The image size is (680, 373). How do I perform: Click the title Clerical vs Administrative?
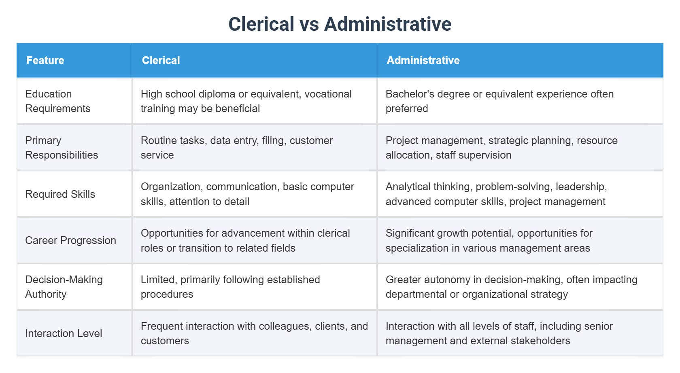click(x=340, y=24)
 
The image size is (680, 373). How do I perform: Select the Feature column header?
click(x=45, y=60)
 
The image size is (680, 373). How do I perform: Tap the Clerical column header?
click(x=161, y=60)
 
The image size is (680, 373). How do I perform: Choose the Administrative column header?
click(x=423, y=60)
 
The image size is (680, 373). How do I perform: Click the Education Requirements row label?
click(x=57, y=101)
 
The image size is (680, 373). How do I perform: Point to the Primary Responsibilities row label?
click(x=62, y=148)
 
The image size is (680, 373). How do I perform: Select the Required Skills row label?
click(x=60, y=194)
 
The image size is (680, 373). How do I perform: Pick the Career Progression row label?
click(x=70, y=240)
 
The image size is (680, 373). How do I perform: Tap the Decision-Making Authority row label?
click(x=64, y=287)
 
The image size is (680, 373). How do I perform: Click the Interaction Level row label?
click(x=64, y=333)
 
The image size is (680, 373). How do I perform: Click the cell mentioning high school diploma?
click(x=246, y=101)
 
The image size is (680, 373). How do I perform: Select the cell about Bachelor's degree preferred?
click(x=499, y=101)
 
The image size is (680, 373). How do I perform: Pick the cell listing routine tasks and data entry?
click(x=237, y=148)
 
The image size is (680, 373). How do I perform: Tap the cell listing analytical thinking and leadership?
click(x=496, y=194)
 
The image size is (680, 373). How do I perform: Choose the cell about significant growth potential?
click(x=489, y=240)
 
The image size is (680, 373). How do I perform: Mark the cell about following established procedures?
click(x=230, y=287)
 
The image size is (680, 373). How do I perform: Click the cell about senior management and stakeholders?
click(x=499, y=333)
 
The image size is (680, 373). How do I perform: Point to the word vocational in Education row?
click(x=328, y=94)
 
